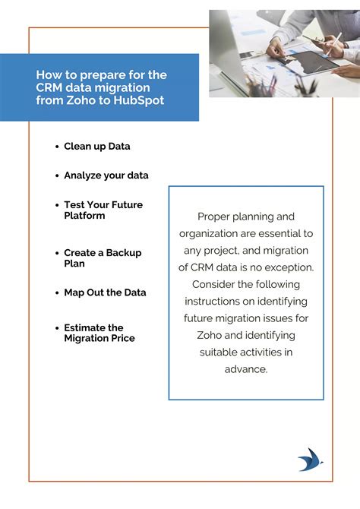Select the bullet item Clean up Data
click(97, 146)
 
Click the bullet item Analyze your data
click(106, 175)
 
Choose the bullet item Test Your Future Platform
click(103, 210)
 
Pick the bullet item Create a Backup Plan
click(103, 258)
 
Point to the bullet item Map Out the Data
click(105, 292)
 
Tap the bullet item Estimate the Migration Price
click(99, 333)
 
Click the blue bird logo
click(310, 460)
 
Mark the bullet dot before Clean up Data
click(57, 147)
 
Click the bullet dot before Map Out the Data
click(57, 293)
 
